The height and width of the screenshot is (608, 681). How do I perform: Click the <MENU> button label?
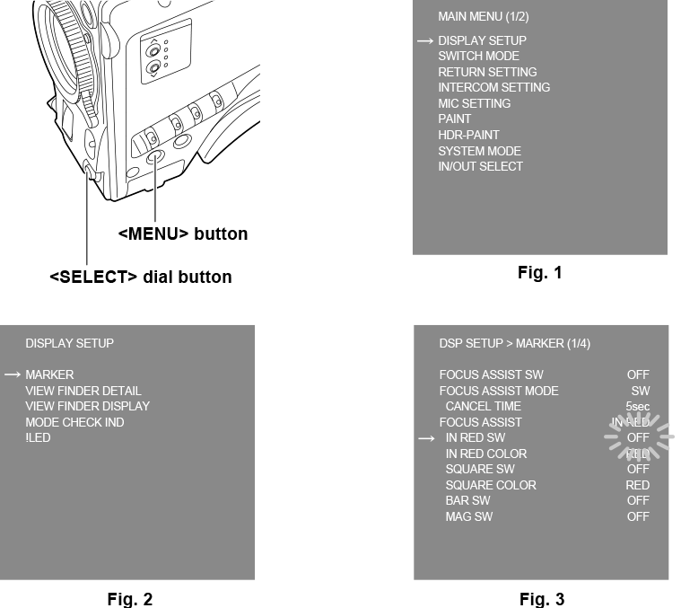(183, 234)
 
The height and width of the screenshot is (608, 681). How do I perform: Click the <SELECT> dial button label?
(140, 278)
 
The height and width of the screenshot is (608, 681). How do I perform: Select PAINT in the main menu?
(454, 119)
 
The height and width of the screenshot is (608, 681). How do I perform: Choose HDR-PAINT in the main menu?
(468, 135)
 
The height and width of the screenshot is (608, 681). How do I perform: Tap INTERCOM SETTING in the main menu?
(493, 88)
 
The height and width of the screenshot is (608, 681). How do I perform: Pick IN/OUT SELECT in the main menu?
(480, 166)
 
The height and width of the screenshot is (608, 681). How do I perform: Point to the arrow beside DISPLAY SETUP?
(424, 41)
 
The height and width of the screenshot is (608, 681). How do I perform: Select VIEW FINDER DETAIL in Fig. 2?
(83, 391)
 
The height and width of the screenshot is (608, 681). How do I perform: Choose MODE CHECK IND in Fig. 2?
(74, 422)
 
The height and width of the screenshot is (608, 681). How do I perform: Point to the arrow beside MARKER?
(13, 374)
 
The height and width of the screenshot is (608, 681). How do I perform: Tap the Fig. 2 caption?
(129, 599)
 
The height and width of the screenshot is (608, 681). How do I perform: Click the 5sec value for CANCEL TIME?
(637, 407)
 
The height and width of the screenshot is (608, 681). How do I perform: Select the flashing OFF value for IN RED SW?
(638, 438)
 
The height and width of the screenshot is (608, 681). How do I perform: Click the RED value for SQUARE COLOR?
(637, 485)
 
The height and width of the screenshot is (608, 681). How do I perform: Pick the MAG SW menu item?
(468, 516)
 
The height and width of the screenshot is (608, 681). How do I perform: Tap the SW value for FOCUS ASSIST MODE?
(640, 391)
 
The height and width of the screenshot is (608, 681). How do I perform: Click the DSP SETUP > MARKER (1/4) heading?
(514, 344)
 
